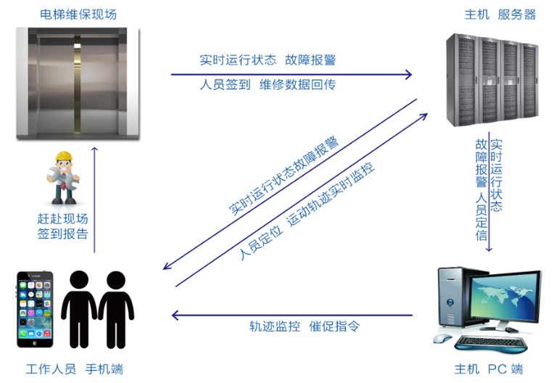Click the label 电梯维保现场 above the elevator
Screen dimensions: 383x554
68,15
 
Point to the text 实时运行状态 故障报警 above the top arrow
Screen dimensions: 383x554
268,60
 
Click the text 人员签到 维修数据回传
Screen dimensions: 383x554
268,85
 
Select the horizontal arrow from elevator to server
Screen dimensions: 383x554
290,73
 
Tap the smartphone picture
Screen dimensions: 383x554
35,309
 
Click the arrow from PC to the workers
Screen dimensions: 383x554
290,315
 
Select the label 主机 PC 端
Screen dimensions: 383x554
487,368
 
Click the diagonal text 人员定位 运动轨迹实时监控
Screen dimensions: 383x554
307,213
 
